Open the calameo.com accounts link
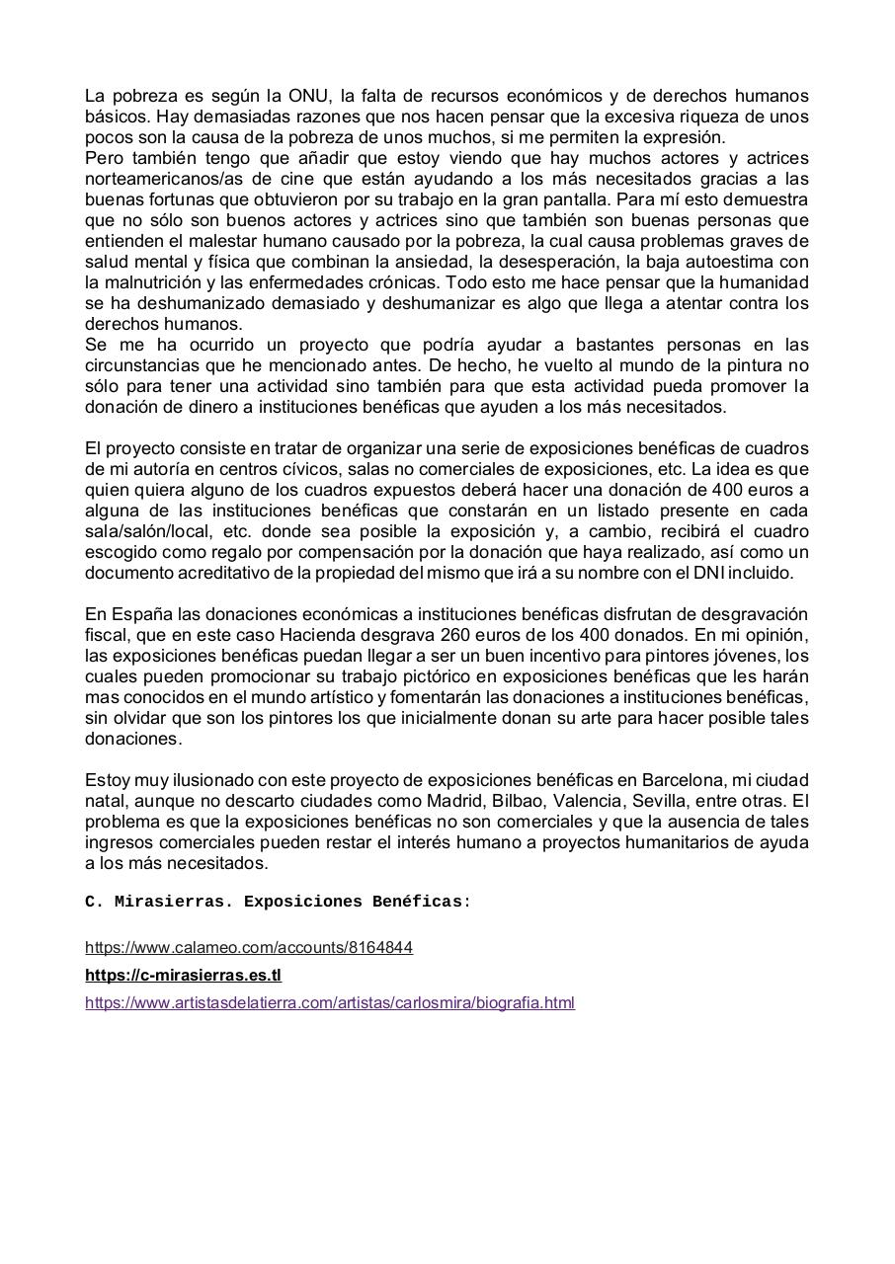[x=249, y=947]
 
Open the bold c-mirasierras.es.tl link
[x=183, y=975]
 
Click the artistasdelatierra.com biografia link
[x=330, y=1002]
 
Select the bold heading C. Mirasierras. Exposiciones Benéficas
[x=278, y=902]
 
